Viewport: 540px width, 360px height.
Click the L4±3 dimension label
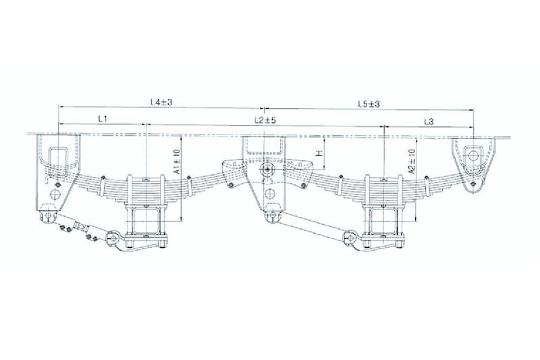(x=161, y=102)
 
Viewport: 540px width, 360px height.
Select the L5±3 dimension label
(x=369, y=104)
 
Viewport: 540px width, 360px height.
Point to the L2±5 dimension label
(x=265, y=120)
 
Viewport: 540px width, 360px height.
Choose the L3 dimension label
(x=429, y=122)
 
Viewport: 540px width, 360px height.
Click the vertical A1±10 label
(x=177, y=161)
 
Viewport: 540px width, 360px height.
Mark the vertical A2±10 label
(x=412, y=161)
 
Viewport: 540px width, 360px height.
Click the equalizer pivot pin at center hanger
(x=267, y=170)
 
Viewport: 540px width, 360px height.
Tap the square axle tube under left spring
(x=146, y=220)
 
